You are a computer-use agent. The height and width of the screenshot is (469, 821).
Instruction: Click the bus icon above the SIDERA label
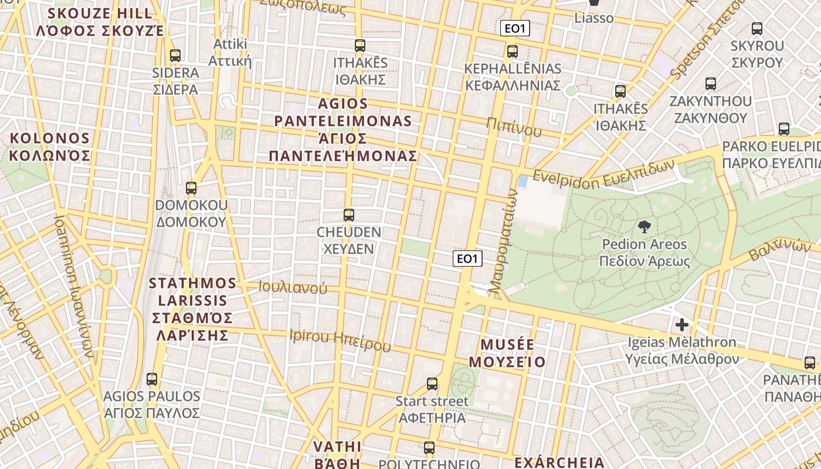pyautogui.click(x=175, y=56)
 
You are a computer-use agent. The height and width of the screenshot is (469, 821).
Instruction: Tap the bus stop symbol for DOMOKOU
pyautogui.click(x=191, y=188)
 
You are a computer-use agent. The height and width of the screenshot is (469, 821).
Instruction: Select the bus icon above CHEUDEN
pyautogui.click(x=349, y=215)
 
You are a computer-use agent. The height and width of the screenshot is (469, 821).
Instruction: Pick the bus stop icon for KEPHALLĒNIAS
pyautogui.click(x=513, y=52)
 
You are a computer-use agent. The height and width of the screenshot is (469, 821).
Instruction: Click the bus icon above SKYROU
pyautogui.click(x=757, y=28)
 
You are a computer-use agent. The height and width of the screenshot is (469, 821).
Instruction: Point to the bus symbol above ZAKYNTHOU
pyautogui.click(x=711, y=84)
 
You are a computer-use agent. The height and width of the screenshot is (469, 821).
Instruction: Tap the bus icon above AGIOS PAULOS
pyautogui.click(x=152, y=379)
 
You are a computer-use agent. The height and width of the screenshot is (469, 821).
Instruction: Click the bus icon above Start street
pyautogui.click(x=432, y=384)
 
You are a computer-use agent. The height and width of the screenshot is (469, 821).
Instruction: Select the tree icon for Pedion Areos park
pyautogui.click(x=644, y=227)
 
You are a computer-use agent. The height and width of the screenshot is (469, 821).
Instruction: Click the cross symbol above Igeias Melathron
pyautogui.click(x=682, y=324)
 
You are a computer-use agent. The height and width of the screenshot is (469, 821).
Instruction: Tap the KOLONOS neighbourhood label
pyautogui.click(x=49, y=147)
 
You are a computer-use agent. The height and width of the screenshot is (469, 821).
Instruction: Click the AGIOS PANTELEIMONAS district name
pyautogui.click(x=343, y=130)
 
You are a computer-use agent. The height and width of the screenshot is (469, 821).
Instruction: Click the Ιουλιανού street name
pyautogui.click(x=293, y=288)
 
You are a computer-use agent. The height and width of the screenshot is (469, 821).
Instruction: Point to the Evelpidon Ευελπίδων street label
pyautogui.click(x=604, y=174)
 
